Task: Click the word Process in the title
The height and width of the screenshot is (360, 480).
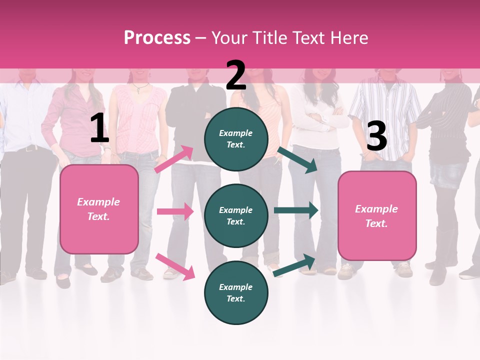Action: tap(157, 38)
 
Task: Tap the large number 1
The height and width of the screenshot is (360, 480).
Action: tap(99, 128)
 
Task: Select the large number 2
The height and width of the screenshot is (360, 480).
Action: tap(236, 75)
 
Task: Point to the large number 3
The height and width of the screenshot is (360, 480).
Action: tap(376, 136)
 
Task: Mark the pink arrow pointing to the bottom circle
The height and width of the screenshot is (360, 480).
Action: tap(175, 266)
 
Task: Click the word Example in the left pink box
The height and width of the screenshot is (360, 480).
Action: tap(98, 202)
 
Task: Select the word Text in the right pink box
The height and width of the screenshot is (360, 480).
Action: tap(375, 223)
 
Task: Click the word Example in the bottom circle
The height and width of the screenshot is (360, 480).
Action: tap(236, 287)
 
